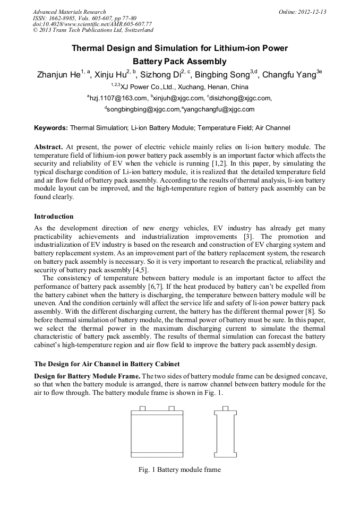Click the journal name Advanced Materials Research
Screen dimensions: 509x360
coord(69,12)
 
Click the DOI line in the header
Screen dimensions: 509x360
coord(92,24)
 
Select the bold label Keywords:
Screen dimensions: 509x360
coord(51,128)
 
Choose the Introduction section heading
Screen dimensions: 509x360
coord(54,217)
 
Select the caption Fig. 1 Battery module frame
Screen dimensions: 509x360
coord(179,469)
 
